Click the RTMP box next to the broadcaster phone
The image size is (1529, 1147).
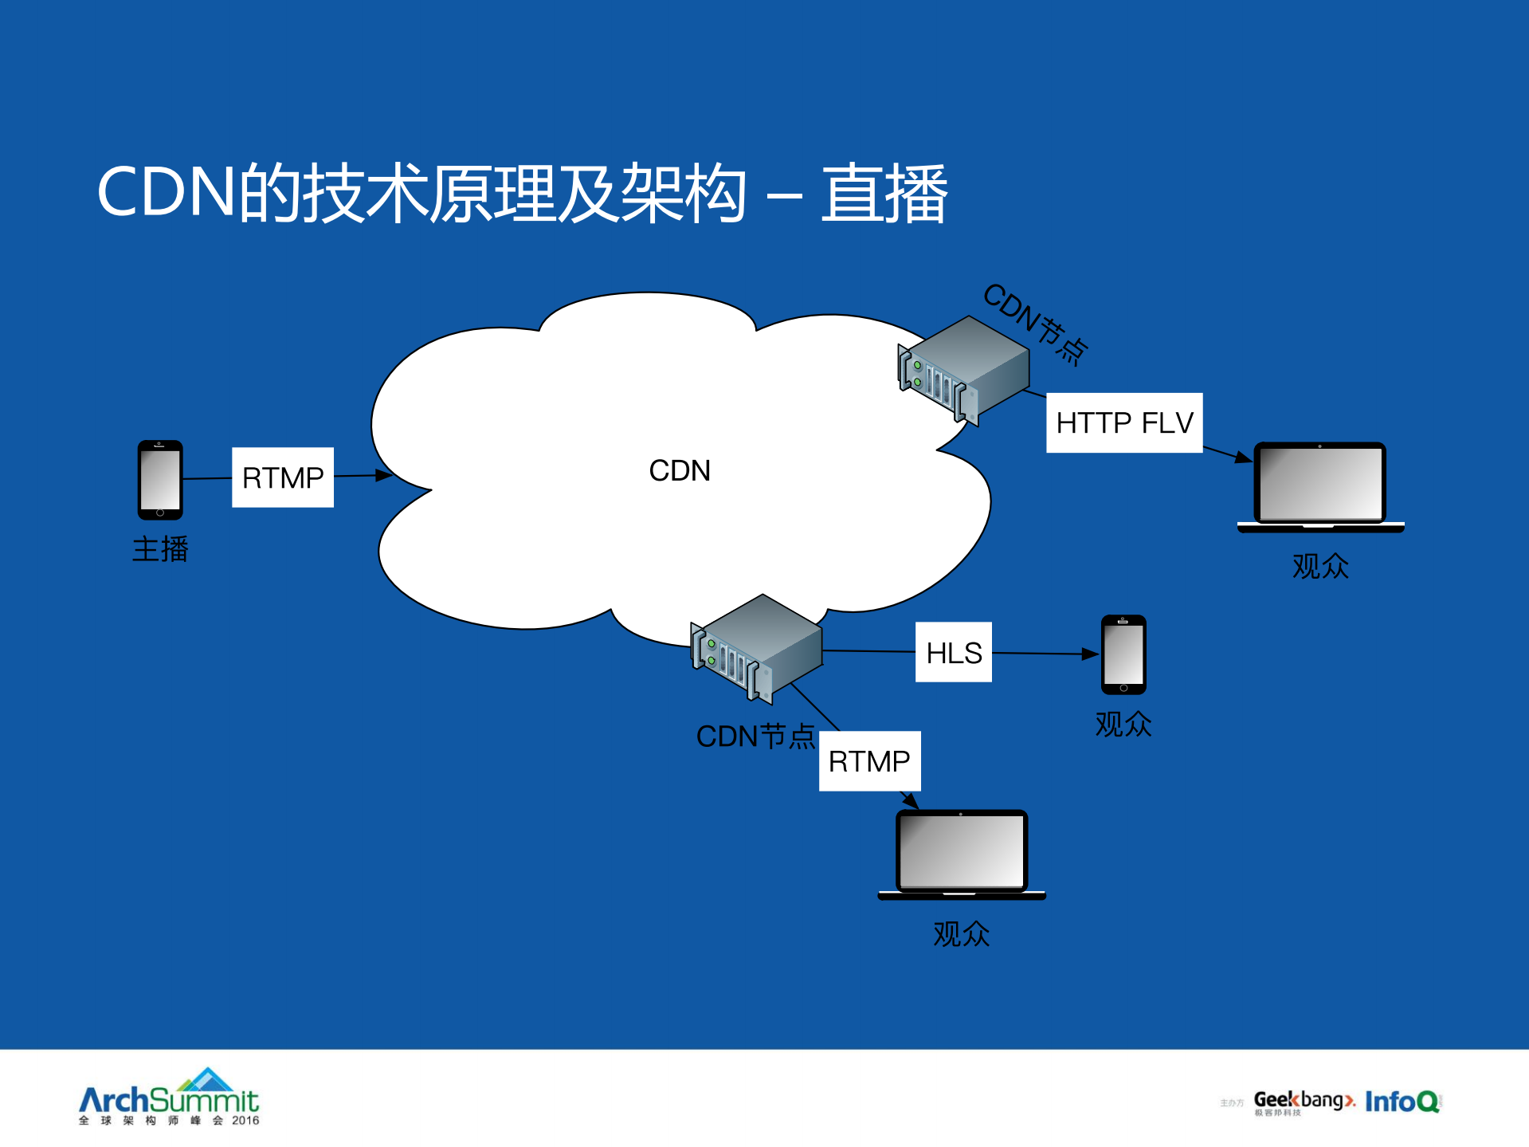point(283,477)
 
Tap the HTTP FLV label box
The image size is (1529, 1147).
point(1124,422)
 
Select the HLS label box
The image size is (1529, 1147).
point(954,652)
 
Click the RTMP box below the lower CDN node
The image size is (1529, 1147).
point(869,761)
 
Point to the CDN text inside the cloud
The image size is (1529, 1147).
point(680,470)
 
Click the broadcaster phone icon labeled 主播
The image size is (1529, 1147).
point(160,480)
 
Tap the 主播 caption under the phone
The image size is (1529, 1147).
point(160,549)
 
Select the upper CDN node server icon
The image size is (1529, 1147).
point(964,369)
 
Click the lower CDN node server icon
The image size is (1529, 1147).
point(757,648)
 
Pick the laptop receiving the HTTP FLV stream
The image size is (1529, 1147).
point(1320,486)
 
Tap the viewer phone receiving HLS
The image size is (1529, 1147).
point(1123,654)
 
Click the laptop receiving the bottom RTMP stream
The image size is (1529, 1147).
point(962,854)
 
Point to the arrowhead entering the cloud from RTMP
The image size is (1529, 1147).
point(384,475)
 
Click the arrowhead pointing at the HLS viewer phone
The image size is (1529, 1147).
point(1090,654)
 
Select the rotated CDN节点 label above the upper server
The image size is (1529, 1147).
point(1035,324)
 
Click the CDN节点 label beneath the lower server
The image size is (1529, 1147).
point(755,737)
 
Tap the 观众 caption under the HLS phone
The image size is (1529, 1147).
point(1123,724)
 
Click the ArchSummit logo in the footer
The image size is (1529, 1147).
point(169,1098)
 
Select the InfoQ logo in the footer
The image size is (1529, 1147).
point(1402,1101)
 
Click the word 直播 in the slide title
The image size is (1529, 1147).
point(884,194)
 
